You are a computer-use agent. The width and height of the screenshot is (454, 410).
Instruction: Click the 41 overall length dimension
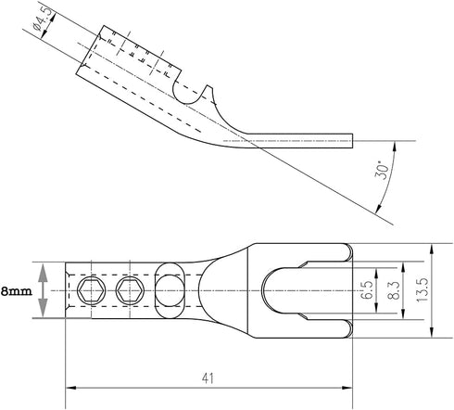tap(208, 378)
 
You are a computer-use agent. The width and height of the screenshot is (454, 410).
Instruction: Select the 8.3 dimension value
tap(394, 290)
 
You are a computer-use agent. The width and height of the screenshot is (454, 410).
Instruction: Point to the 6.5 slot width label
tap(367, 290)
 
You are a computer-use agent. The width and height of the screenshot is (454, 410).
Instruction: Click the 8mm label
tap(17, 291)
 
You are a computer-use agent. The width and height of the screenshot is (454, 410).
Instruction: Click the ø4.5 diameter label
tap(41, 19)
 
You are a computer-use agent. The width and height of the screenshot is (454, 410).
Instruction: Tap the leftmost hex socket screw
tap(91, 290)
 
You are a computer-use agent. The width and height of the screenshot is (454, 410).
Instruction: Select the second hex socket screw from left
tap(130, 290)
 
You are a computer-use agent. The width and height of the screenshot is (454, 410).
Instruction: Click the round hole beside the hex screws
tap(169, 290)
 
